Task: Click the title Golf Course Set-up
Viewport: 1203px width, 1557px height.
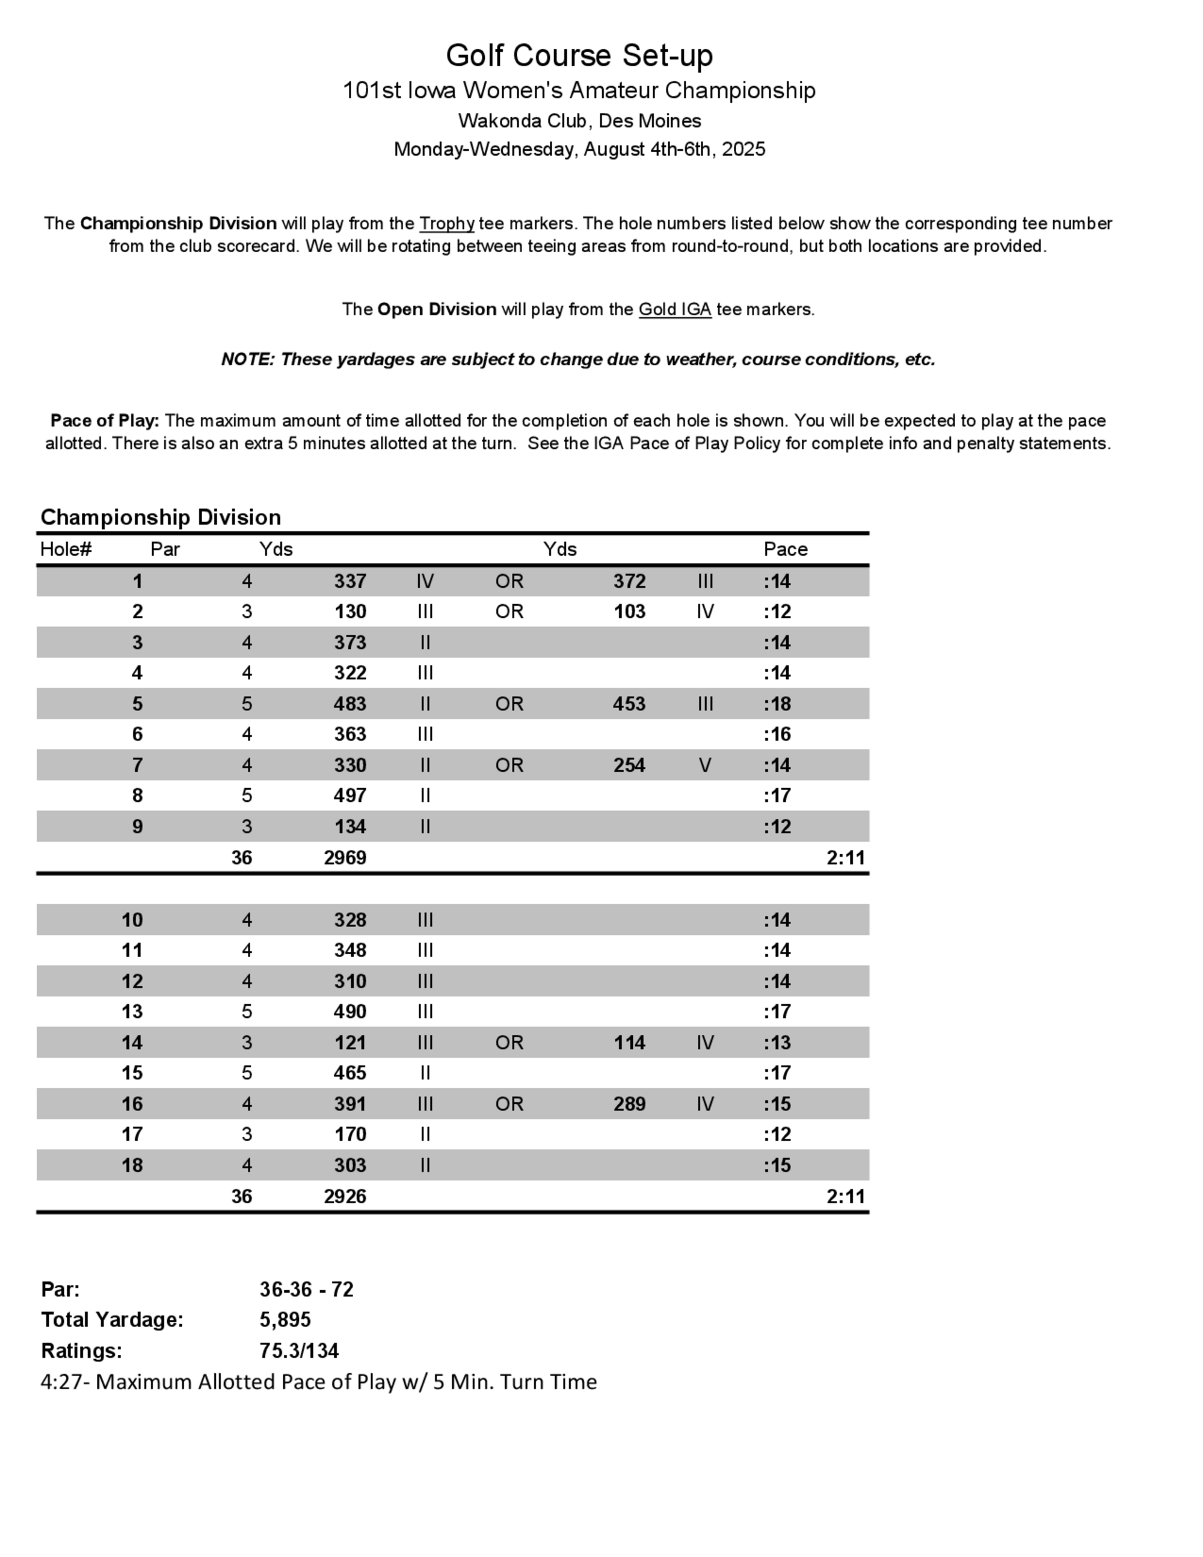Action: click(x=579, y=55)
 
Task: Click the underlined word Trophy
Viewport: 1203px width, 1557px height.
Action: click(x=446, y=223)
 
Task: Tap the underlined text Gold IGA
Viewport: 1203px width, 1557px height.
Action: click(x=674, y=309)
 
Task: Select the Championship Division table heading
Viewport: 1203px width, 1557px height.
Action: click(x=161, y=517)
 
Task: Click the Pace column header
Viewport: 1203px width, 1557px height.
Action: click(x=785, y=549)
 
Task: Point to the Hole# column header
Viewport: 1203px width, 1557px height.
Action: click(x=66, y=549)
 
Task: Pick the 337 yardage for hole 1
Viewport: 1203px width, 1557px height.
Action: click(x=350, y=581)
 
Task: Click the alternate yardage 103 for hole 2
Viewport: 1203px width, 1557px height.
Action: click(x=629, y=612)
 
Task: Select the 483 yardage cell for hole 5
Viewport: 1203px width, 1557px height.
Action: click(x=350, y=704)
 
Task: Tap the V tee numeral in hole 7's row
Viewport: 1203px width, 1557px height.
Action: click(x=705, y=765)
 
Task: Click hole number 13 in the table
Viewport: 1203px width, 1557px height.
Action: click(x=132, y=1011)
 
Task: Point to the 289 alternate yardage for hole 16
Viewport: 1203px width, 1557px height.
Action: click(x=629, y=1103)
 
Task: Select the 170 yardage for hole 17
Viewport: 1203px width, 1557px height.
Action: click(x=350, y=1134)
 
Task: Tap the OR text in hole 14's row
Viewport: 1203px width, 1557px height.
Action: click(x=509, y=1042)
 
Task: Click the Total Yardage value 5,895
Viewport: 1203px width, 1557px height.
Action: click(x=285, y=1319)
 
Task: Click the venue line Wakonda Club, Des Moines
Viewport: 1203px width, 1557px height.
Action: click(x=579, y=120)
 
